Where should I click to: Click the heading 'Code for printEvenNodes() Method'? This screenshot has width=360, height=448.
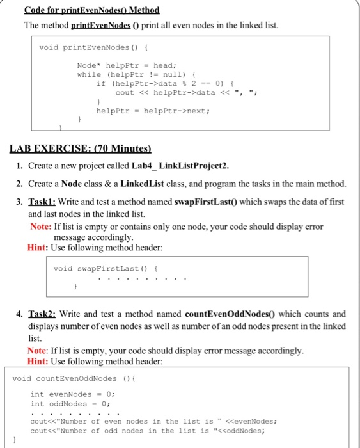tap(91, 11)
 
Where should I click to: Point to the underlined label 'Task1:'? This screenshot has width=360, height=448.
tap(43, 201)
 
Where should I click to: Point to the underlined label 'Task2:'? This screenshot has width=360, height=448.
tap(43, 314)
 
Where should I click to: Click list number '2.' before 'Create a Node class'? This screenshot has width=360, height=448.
tap(21, 184)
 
